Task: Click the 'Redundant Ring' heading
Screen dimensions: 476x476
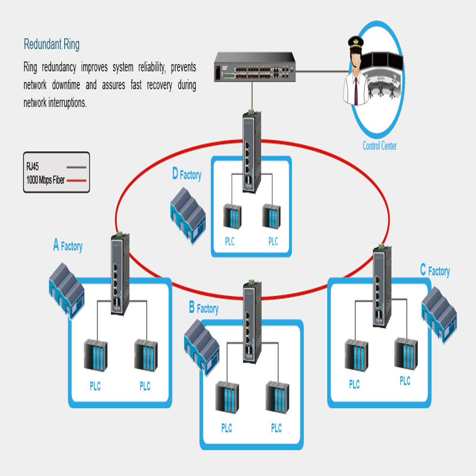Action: tap(51, 45)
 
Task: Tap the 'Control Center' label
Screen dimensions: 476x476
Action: tap(379, 146)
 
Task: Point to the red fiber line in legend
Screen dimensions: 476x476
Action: tap(77, 181)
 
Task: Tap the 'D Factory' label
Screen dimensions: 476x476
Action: tap(187, 175)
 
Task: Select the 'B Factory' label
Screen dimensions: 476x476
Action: tap(203, 308)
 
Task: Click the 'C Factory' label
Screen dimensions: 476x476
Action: tap(435, 271)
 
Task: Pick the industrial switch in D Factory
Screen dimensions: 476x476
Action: tap(250, 152)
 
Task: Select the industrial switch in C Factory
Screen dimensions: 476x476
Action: tap(381, 286)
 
